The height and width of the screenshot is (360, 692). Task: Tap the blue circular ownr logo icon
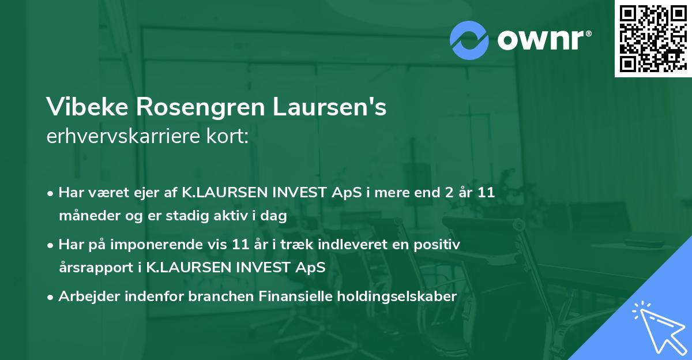469,39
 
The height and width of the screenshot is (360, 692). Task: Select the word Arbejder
84,297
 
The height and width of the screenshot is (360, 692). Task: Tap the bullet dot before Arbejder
51,297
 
